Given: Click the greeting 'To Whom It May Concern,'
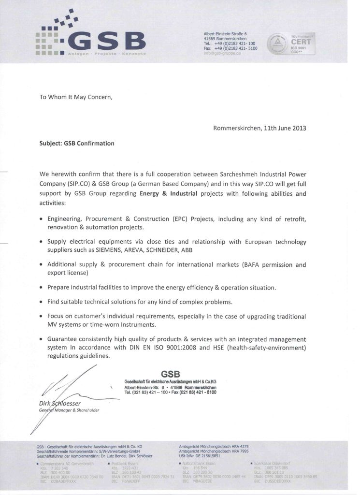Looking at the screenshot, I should [x=75, y=96].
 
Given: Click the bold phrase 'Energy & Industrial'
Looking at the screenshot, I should [x=169, y=194].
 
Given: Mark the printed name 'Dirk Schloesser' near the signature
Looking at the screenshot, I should [x=61, y=403].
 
